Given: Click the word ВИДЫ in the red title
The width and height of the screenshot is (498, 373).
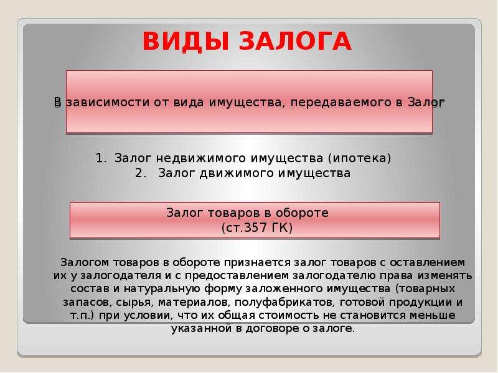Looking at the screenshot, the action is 186,41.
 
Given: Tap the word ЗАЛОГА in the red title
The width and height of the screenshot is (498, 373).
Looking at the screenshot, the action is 295,41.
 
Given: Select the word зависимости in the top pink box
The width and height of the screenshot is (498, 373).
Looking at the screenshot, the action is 108,103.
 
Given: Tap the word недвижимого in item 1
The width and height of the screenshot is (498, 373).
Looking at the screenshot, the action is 200,159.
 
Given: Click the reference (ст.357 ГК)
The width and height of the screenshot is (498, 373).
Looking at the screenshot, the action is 256,228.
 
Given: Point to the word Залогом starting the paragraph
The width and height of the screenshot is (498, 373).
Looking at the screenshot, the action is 85,262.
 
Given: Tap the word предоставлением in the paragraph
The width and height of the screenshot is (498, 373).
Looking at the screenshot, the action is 237,276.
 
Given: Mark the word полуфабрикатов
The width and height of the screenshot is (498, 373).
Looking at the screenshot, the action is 284,303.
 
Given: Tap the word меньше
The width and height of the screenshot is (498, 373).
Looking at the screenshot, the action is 433,316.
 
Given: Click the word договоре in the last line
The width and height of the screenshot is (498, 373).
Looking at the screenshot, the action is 272,329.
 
